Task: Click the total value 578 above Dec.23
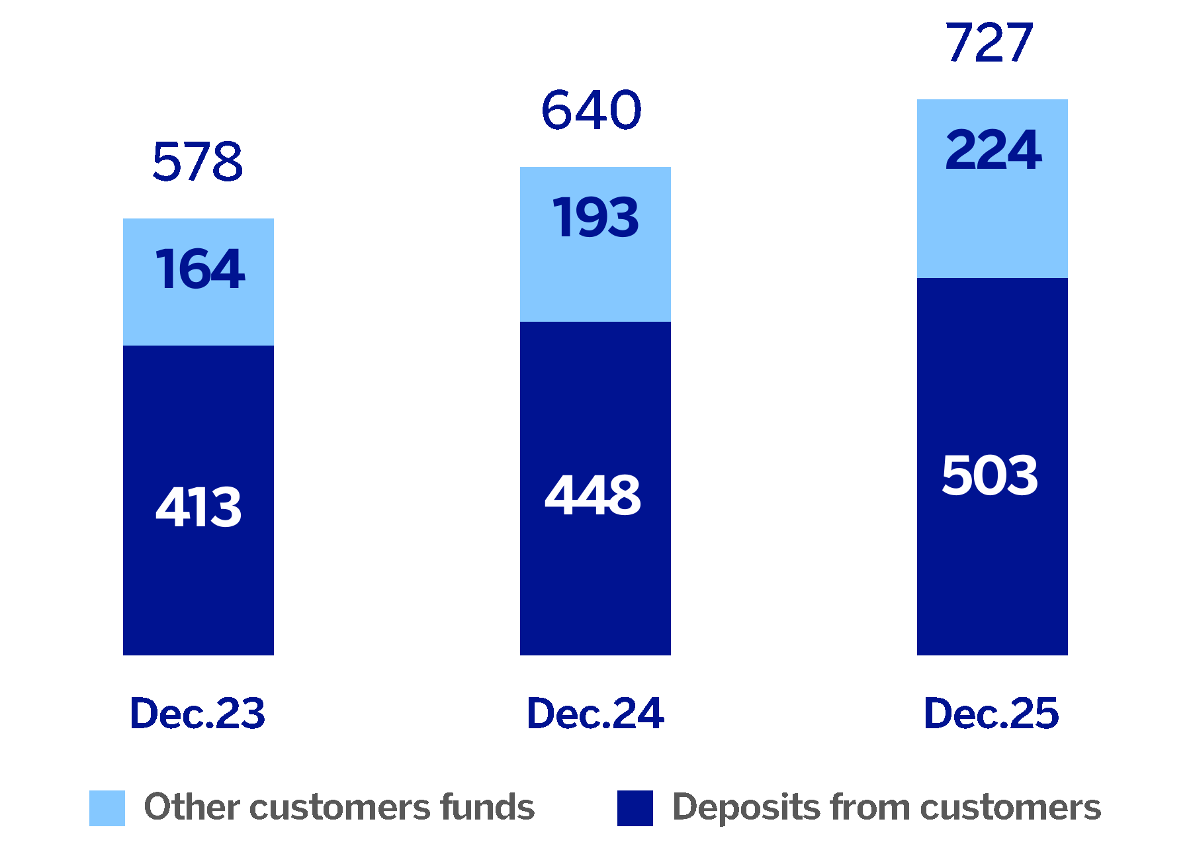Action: coord(198,162)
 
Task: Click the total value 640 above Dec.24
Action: coord(592,110)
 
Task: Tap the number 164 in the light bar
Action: coord(200,269)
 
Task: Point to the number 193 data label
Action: coord(595,218)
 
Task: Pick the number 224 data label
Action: coord(993,150)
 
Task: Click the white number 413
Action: coord(198,507)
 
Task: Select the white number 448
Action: coord(593,495)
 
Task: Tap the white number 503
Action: coord(990,475)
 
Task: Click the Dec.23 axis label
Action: coord(198,714)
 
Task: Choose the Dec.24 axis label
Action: coord(595,714)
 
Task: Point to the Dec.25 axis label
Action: coord(991,714)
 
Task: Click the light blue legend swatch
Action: coord(107,808)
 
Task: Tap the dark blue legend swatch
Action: coord(635,808)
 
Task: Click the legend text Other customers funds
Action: coord(339,808)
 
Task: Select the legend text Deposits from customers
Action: coord(887,808)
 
